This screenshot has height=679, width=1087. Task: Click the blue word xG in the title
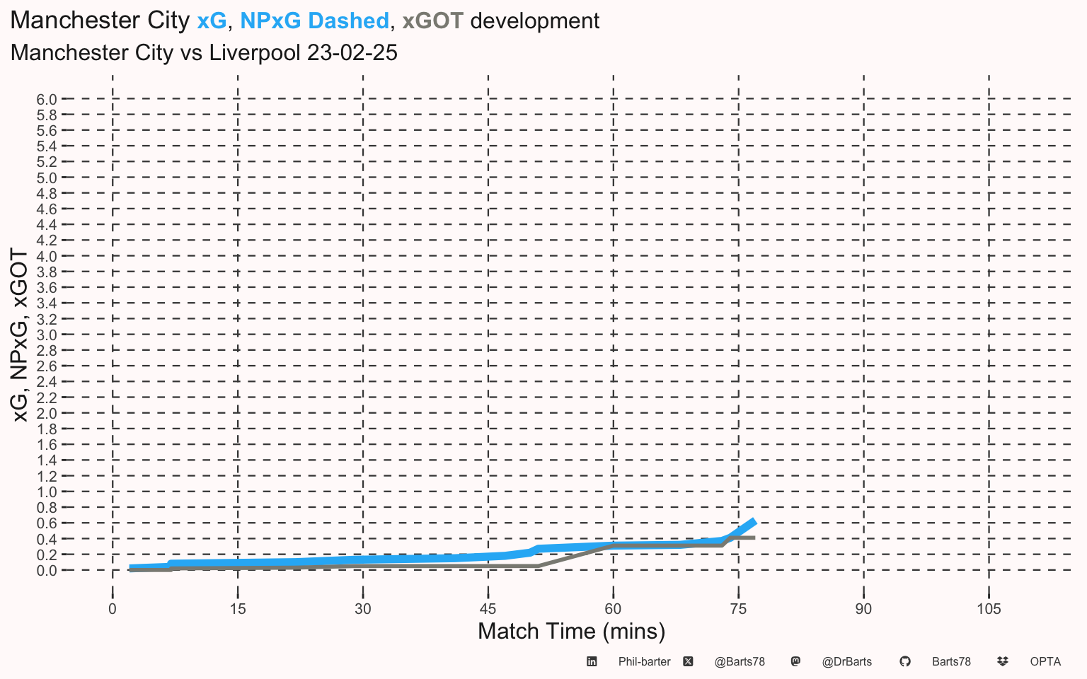(212, 21)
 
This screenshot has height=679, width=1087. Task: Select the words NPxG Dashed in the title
(314, 21)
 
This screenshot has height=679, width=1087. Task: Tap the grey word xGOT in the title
(433, 21)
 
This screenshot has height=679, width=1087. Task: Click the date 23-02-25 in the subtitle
(352, 52)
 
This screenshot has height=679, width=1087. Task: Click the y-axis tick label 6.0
(47, 100)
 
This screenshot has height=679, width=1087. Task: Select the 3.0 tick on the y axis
(47, 335)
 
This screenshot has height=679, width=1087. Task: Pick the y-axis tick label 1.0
(47, 492)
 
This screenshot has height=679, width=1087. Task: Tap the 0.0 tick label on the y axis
(47, 571)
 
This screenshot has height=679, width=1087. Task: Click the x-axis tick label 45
(488, 609)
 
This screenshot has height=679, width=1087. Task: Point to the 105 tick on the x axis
(989, 609)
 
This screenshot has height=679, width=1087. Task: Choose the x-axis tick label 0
(113, 609)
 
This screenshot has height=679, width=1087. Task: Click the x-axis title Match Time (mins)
(571, 632)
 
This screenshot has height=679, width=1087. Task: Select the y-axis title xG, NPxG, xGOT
(20, 335)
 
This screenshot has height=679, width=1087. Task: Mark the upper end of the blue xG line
(754, 521)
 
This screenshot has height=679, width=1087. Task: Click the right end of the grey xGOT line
(754, 538)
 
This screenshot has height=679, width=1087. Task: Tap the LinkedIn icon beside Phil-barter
(592, 661)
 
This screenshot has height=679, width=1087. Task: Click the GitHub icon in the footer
(905, 661)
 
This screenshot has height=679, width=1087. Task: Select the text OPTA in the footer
(1045, 662)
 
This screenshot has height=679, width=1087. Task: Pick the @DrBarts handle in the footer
(847, 662)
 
